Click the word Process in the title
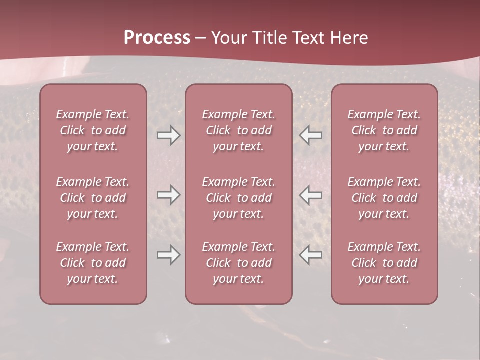[157, 38]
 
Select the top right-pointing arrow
[169, 135]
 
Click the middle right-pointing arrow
[169, 195]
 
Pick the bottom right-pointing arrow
[169, 255]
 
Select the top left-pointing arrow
[311, 135]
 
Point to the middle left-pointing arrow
[311, 195]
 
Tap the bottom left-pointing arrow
[311, 255]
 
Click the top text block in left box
[93, 130]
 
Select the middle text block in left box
[93, 198]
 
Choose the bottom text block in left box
[93, 263]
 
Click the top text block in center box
[239, 130]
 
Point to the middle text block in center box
[239, 198]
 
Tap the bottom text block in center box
[239, 263]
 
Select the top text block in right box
[384, 130]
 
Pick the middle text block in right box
[384, 198]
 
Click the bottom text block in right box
[384, 263]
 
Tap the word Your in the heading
[228, 38]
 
